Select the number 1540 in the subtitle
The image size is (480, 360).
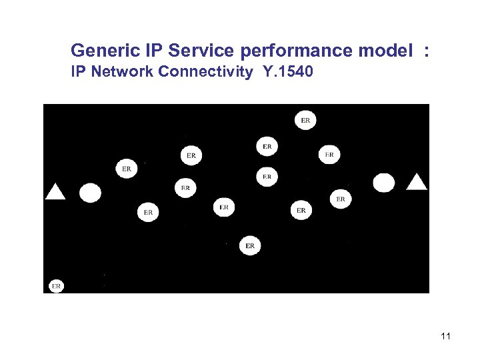294,72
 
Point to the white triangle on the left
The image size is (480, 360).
55,192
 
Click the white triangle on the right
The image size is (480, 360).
417,181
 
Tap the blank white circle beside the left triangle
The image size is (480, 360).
90,193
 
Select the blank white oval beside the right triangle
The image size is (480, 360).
383,183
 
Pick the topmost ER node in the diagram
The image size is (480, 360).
305,121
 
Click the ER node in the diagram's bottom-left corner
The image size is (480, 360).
56,286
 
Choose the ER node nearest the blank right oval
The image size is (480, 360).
340,199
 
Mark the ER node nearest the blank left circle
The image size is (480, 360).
126,169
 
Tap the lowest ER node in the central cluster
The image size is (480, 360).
249,246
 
